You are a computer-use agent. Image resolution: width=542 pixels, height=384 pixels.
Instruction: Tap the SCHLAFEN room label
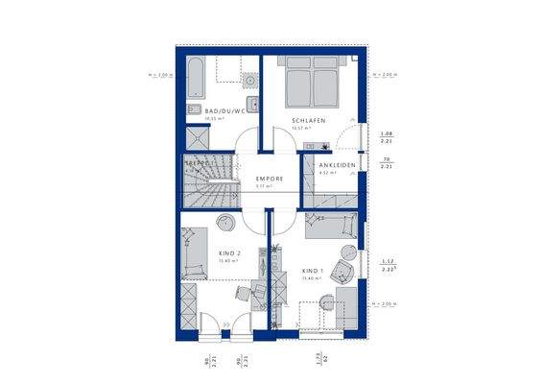click(x=310, y=120)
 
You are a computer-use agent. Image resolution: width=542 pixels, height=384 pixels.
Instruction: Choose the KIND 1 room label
click(x=313, y=272)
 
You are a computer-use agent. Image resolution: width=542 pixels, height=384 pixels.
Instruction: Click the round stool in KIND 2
click(x=226, y=224)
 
